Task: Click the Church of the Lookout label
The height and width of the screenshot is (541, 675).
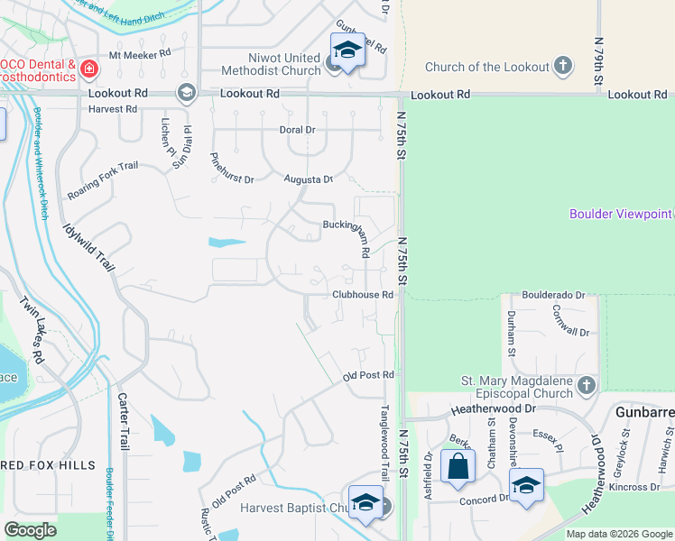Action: pos(486,67)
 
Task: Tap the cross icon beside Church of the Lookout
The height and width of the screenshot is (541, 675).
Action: pos(563,66)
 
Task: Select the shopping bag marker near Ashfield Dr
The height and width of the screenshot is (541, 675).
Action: pos(458,468)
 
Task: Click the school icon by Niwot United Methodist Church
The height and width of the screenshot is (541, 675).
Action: pos(347,50)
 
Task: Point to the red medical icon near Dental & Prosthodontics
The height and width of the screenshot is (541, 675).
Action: pos(88,69)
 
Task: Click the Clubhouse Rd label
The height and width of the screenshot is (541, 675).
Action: pos(363,295)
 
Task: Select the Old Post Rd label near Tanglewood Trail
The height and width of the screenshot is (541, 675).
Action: pos(369,375)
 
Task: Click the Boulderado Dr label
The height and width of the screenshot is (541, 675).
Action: pos(554,295)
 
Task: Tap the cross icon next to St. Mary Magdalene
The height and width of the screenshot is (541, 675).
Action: pos(587,386)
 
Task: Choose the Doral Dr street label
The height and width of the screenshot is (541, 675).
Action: pos(297,130)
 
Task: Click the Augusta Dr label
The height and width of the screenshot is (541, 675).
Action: pos(309,179)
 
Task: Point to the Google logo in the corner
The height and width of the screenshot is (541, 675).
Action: pos(30,530)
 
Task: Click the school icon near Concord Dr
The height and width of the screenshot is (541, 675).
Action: pos(526,485)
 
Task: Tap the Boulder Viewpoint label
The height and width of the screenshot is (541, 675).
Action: pos(621,214)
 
